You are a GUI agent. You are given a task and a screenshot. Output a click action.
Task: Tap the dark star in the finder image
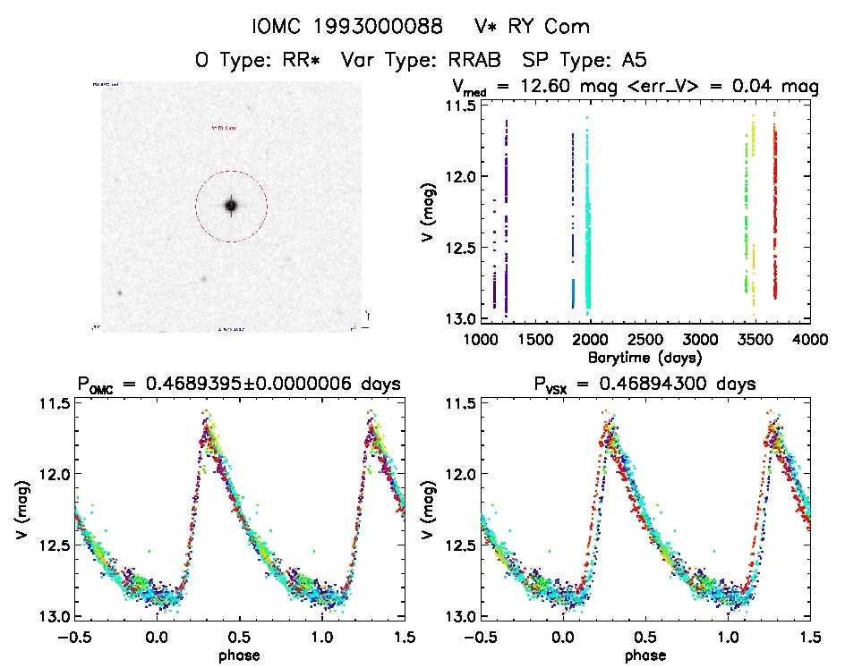(231, 206)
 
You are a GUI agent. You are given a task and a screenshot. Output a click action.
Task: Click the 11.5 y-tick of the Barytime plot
(462, 105)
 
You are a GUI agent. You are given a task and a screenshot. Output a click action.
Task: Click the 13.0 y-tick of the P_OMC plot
(54, 616)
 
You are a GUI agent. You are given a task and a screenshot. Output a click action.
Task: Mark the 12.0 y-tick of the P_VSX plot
(462, 473)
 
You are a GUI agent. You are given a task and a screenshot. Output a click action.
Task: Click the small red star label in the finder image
(225, 128)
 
